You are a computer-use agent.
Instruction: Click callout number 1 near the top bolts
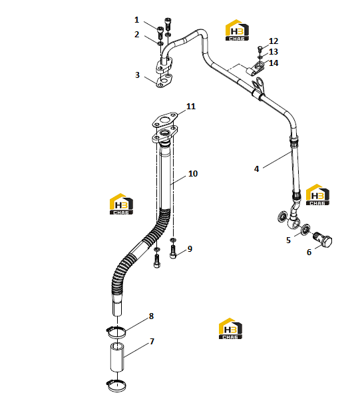pyautogui.click(x=136, y=20)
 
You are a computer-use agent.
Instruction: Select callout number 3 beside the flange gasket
pyautogui.click(x=137, y=75)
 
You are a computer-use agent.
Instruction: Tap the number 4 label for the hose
pyautogui.click(x=257, y=169)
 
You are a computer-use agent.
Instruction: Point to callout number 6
pyautogui.click(x=309, y=252)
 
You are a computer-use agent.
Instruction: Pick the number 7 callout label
pyautogui.click(x=152, y=341)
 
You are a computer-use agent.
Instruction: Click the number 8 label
pyautogui.click(x=151, y=316)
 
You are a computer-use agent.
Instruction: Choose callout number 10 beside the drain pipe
pyautogui.click(x=193, y=173)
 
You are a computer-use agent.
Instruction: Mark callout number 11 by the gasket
pyautogui.click(x=191, y=106)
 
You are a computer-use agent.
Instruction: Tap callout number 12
pyautogui.click(x=273, y=41)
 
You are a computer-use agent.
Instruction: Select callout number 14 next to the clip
pyautogui.click(x=273, y=63)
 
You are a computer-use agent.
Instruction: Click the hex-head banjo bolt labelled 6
pyautogui.click(x=323, y=239)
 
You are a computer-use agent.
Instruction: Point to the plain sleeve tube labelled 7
pyautogui.click(x=116, y=357)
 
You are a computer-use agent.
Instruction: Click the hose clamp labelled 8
pyautogui.click(x=116, y=332)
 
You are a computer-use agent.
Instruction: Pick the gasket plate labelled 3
pyautogui.click(x=164, y=81)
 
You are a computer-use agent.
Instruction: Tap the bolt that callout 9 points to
pyautogui.click(x=173, y=252)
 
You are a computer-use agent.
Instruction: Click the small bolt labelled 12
pyautogui.click(x=260, y=49)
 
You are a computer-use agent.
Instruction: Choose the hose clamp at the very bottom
pyautogui.click(x=116, y=386)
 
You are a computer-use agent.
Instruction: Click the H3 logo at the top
pyautogui.click(x=237, y=30)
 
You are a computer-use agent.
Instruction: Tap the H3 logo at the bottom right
pyautogui.click(x=230, y=328)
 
